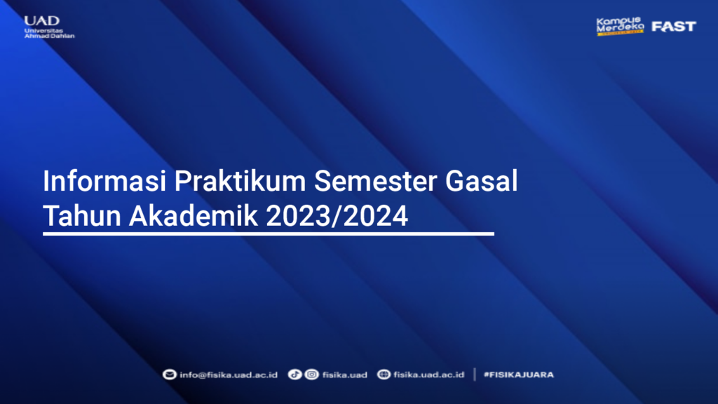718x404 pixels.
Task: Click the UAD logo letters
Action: pos(41,20)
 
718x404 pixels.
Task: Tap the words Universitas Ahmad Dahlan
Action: pos(49,33)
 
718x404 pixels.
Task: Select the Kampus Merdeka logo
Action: pos(620,27)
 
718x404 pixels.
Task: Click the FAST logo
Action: pos(674,27)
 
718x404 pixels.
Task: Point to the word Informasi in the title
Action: pos(104,181)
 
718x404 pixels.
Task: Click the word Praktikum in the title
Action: pos(240,181)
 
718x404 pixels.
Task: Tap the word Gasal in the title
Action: pos(481,181)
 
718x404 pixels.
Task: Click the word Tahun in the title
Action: pos(82,216)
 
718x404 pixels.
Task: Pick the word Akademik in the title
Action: pos(194,216)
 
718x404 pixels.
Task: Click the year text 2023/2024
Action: pos(337,216)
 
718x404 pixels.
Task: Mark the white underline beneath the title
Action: pos(269,234)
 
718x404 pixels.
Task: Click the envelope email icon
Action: pos(170,375)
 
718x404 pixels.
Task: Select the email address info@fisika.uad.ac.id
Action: pos(229,375)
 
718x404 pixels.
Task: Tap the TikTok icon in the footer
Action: pos(294,375)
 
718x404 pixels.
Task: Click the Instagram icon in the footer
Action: pos(312,375)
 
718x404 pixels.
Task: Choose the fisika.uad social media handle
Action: pos(345,375)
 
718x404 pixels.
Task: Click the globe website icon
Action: pos(384,375)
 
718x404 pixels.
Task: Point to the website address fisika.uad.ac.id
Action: pos(428,375)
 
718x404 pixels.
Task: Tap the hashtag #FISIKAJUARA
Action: pos(519,375)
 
